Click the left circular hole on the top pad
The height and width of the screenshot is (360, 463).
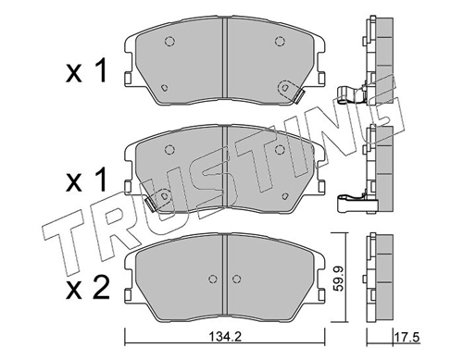(169, 41)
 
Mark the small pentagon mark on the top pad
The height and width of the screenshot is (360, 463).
(163, 87)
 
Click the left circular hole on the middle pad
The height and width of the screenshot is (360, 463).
(169, 147)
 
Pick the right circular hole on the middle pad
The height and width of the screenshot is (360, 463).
(279, 147)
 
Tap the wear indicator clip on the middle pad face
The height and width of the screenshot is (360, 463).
(160, 197)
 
